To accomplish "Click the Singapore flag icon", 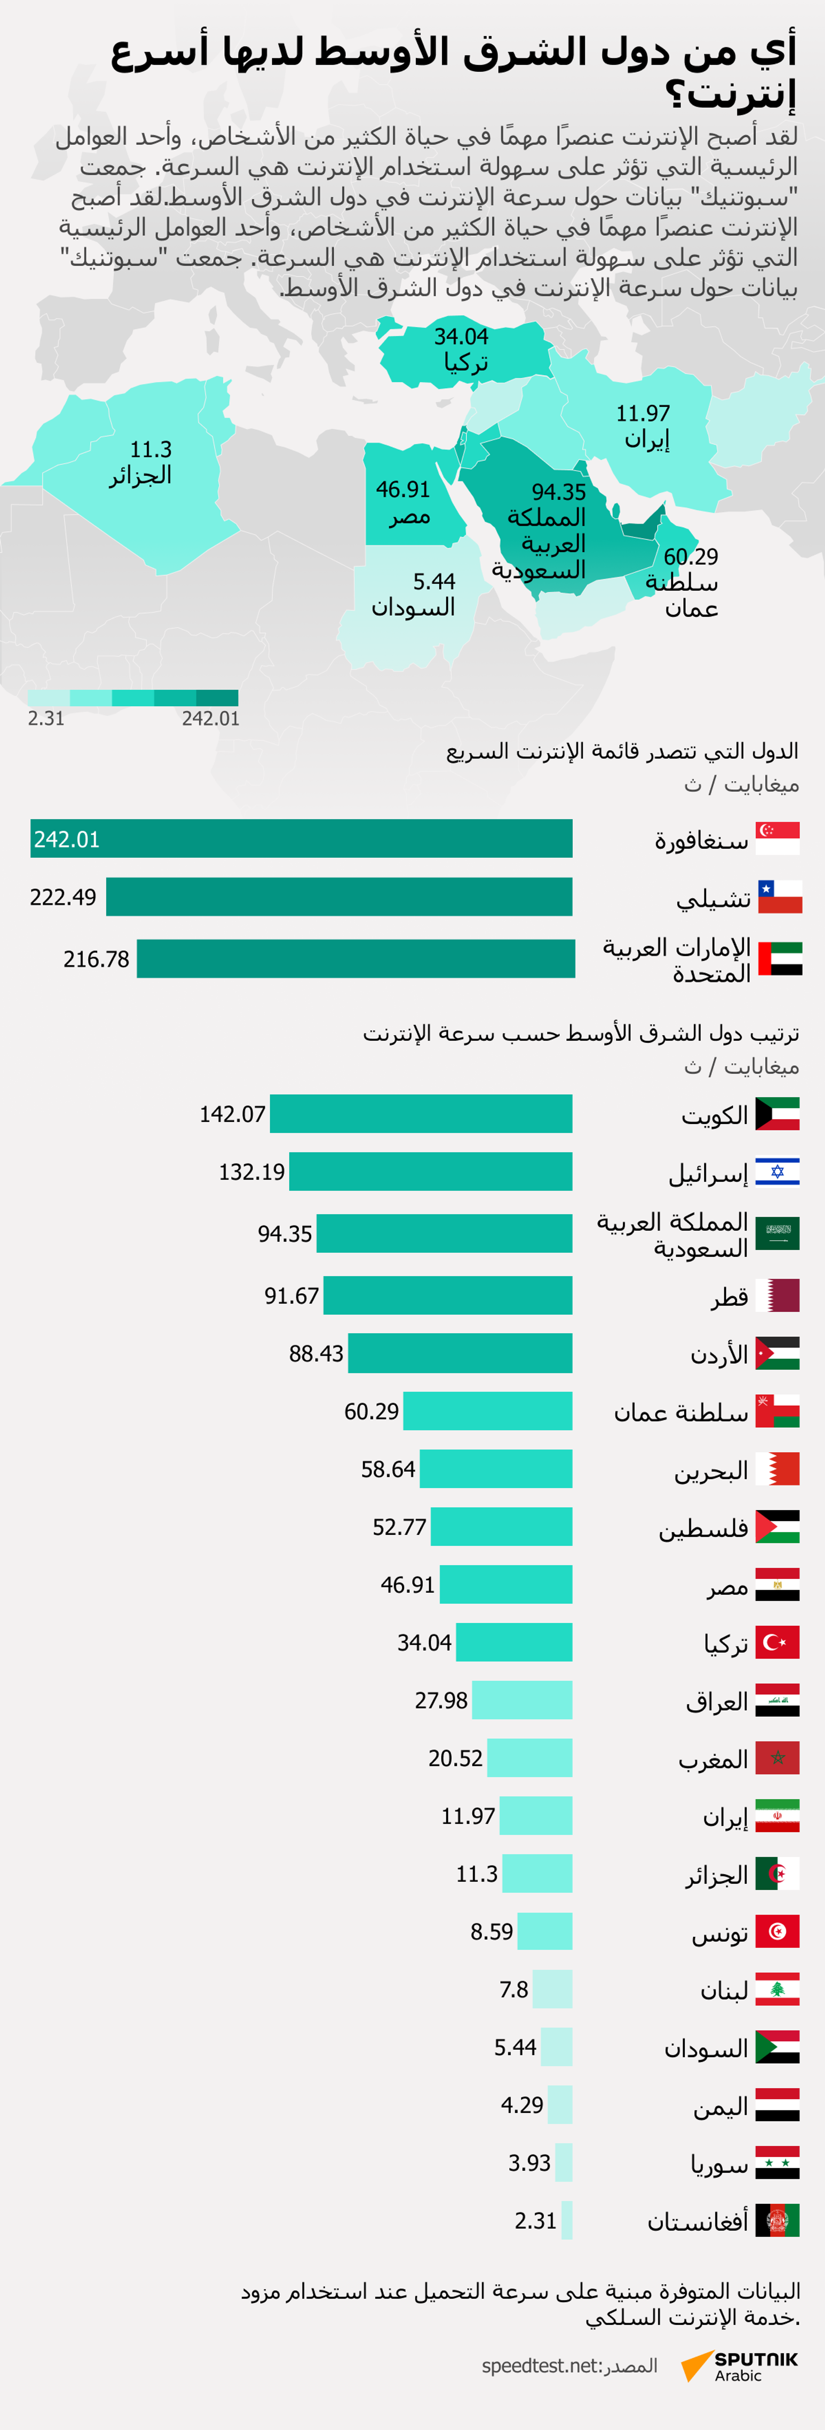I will [x=778, y=838].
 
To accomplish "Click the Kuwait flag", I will [x=778, y=1114].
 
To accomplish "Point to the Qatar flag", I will [x=778, y=1295].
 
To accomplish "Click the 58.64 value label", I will [x=388, y=1469].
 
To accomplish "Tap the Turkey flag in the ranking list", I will [x=778, y=1642].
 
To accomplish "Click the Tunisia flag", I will [x=778, y=1931].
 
